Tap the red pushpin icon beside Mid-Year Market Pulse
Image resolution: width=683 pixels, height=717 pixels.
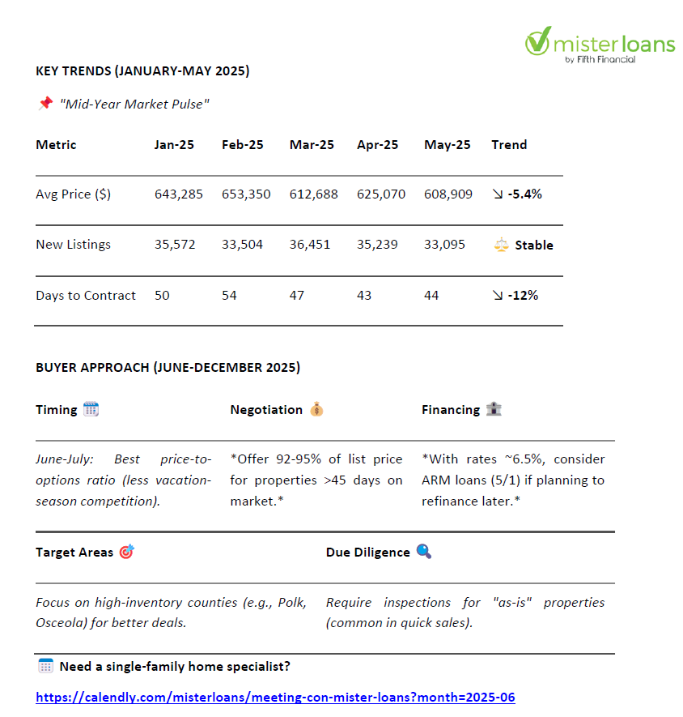45,104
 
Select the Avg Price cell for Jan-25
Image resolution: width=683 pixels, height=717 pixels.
179,194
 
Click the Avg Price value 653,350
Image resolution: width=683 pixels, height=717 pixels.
246,194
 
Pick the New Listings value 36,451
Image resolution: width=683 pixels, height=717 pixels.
310,245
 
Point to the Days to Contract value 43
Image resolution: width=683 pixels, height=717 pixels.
364,296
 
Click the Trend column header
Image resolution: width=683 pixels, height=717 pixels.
509,145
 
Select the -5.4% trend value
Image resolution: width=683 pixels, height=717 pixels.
524,194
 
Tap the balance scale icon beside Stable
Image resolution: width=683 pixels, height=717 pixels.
501,245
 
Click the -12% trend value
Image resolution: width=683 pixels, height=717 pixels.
523,296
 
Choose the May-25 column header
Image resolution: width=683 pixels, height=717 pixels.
447,145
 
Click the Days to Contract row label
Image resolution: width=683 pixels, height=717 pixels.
86,296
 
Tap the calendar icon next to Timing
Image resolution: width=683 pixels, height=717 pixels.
91,409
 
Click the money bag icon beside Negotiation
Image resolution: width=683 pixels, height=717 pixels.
316,409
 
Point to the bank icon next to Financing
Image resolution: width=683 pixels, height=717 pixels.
494,409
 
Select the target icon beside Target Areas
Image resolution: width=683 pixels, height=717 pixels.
126,552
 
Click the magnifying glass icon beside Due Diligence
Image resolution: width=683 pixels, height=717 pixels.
424,552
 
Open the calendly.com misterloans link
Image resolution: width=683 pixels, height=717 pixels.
275,698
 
